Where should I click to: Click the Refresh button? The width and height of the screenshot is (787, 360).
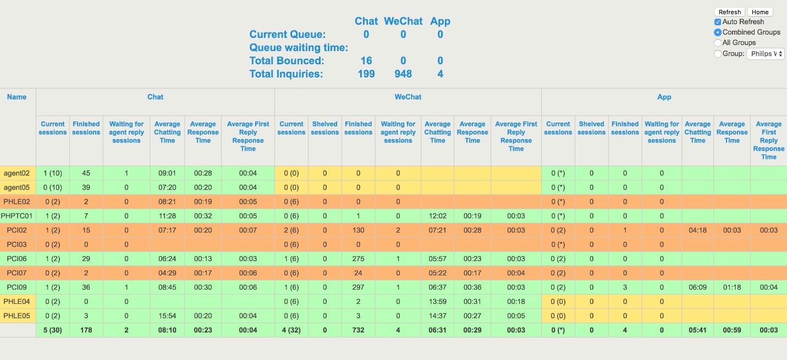point(730,12)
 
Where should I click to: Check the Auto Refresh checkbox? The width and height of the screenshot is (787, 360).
point(718,22)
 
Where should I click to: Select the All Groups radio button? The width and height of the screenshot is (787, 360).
point(718,43)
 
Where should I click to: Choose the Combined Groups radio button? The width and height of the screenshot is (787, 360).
point(718,32)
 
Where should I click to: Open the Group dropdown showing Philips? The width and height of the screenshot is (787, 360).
point(765,54)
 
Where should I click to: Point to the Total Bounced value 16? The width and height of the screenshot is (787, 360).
point(366,61)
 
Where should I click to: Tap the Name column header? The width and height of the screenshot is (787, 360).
point(17,97)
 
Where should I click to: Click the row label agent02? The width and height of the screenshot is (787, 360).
point(16,173)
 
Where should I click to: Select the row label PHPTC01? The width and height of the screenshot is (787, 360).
point(18,216)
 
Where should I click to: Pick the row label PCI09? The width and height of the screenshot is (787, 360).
point(16,287)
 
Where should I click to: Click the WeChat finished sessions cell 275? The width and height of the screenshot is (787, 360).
point(358,259)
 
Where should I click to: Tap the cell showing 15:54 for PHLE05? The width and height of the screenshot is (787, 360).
point(167,316)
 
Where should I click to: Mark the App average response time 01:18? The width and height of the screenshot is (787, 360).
point(732,287)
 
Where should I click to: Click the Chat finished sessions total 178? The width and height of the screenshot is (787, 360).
point(86,330)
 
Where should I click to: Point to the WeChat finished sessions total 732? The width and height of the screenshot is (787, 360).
point(358,330)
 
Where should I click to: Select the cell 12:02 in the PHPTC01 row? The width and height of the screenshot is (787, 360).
point(437,216)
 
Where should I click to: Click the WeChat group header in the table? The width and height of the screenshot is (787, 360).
point(408,97)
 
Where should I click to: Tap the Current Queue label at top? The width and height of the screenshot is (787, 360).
point(288,35)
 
